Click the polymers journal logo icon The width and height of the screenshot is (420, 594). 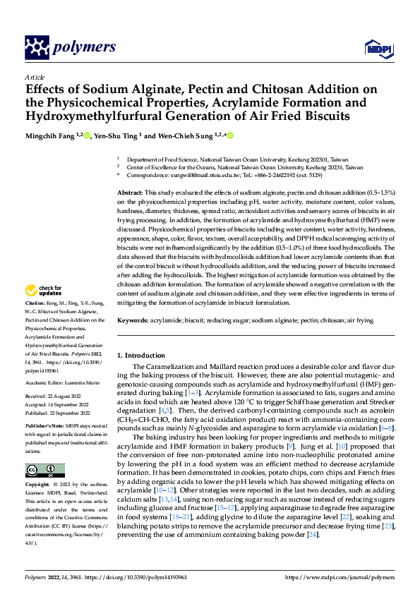(37, 47)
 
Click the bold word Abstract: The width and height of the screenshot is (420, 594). (130, 193)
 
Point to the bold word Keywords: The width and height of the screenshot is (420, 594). (133, 320)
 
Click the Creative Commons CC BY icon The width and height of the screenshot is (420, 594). (45, 471)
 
